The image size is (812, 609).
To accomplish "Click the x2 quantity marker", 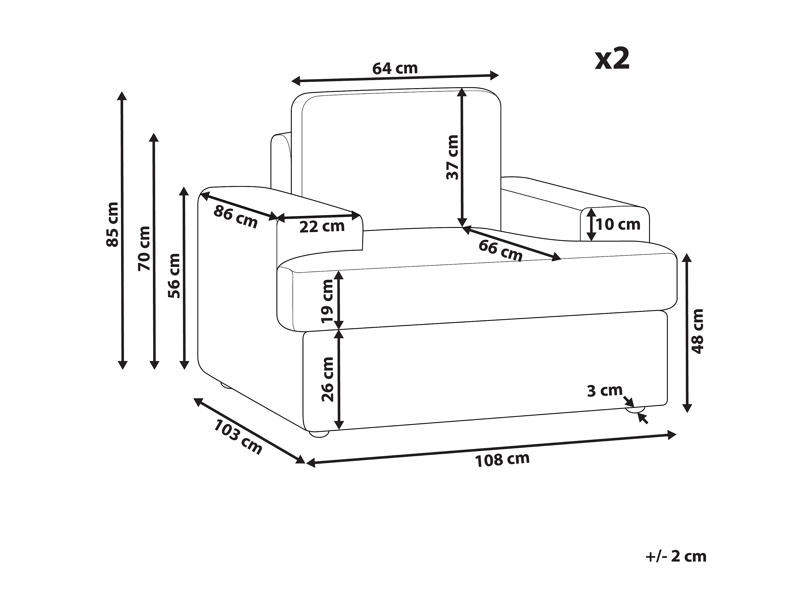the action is point(612,59).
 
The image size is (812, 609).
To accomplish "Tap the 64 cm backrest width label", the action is point(395,68).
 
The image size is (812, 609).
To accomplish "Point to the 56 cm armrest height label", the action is point(174,275).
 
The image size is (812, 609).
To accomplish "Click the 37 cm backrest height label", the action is point(453,157).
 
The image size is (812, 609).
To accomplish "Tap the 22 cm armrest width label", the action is point(322,226).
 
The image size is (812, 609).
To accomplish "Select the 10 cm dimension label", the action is point(618,224).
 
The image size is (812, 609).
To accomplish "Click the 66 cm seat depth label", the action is point(500,250).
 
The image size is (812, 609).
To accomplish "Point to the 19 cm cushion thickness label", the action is point(327,301).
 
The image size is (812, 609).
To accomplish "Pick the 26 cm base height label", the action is point(327,379).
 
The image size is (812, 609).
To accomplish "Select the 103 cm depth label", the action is point(238,437).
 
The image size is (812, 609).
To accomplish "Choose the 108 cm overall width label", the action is point(502,459).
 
